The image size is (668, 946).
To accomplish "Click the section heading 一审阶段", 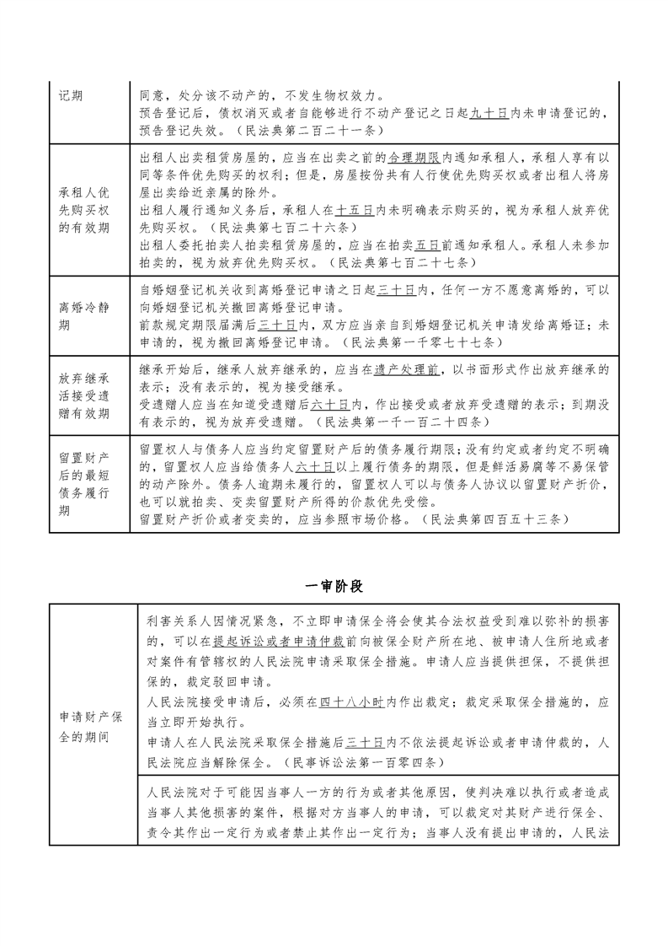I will (x=334, y=585).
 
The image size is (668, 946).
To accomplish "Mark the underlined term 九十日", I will (x=489, y=114).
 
